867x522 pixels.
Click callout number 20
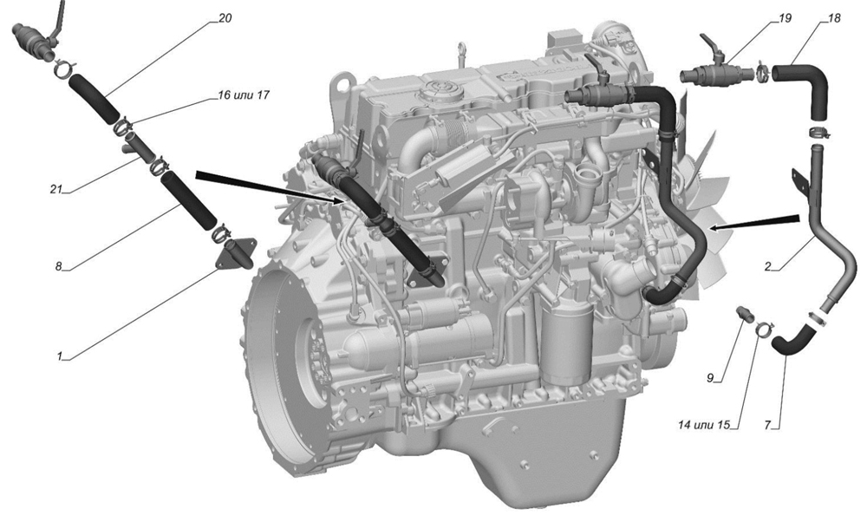[225, 18]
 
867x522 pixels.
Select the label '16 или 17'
[244, 95]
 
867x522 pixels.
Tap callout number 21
[55, 189]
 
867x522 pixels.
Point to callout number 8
[59, 266]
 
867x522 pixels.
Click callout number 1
[60, 356]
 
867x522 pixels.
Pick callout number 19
[785, 18]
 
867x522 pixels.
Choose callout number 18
[834, 18]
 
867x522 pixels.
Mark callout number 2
[767, 266]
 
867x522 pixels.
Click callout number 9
[711, 378]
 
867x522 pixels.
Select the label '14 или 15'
[704, 425]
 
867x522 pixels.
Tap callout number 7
[768, 425]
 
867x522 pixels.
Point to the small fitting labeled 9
[744, 314]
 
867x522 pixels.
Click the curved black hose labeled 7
[792, 340]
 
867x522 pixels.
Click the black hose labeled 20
[94, 99]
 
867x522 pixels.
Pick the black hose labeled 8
[188, 200]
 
